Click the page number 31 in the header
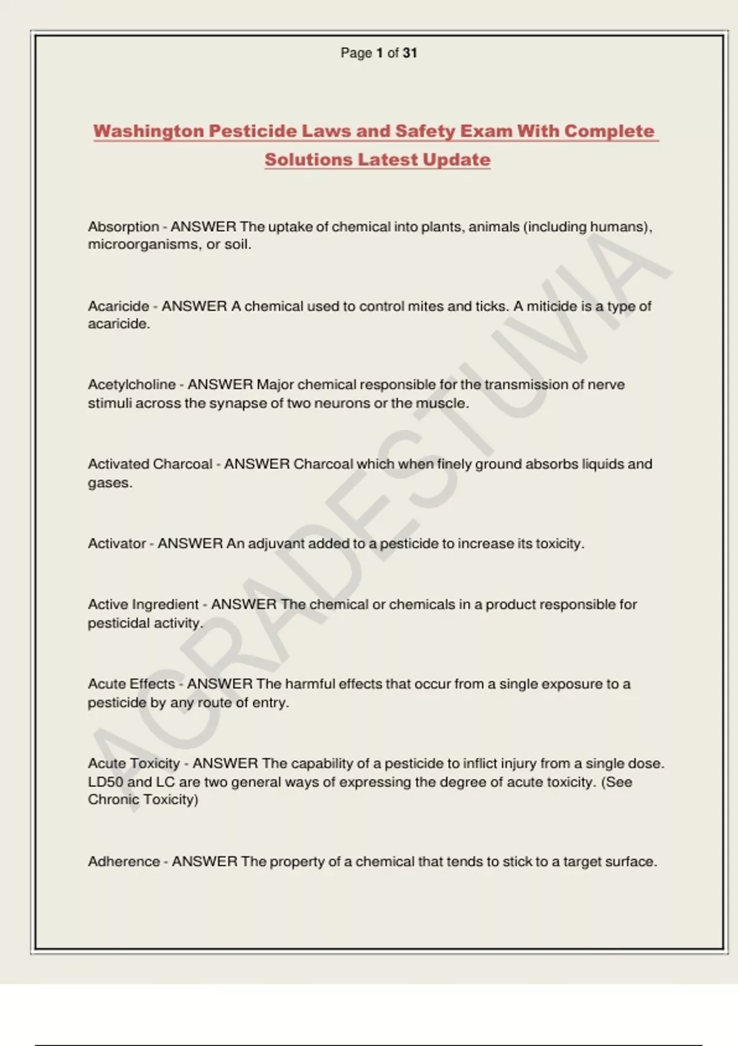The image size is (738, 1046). (410, 53)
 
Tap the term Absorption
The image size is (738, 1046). (123, 226)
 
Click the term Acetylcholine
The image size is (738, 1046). (132, 385)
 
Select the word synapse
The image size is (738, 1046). (236, 403)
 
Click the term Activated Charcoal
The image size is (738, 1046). (150, 464)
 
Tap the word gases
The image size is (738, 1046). (109, 482)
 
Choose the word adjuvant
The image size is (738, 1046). (276, 544)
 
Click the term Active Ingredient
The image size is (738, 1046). (143, 604)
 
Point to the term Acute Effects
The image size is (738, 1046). (131, 684)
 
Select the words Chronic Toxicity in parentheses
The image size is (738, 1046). (142, 799)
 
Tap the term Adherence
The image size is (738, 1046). (124, 861)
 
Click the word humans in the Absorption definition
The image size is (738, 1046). (618, 226)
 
